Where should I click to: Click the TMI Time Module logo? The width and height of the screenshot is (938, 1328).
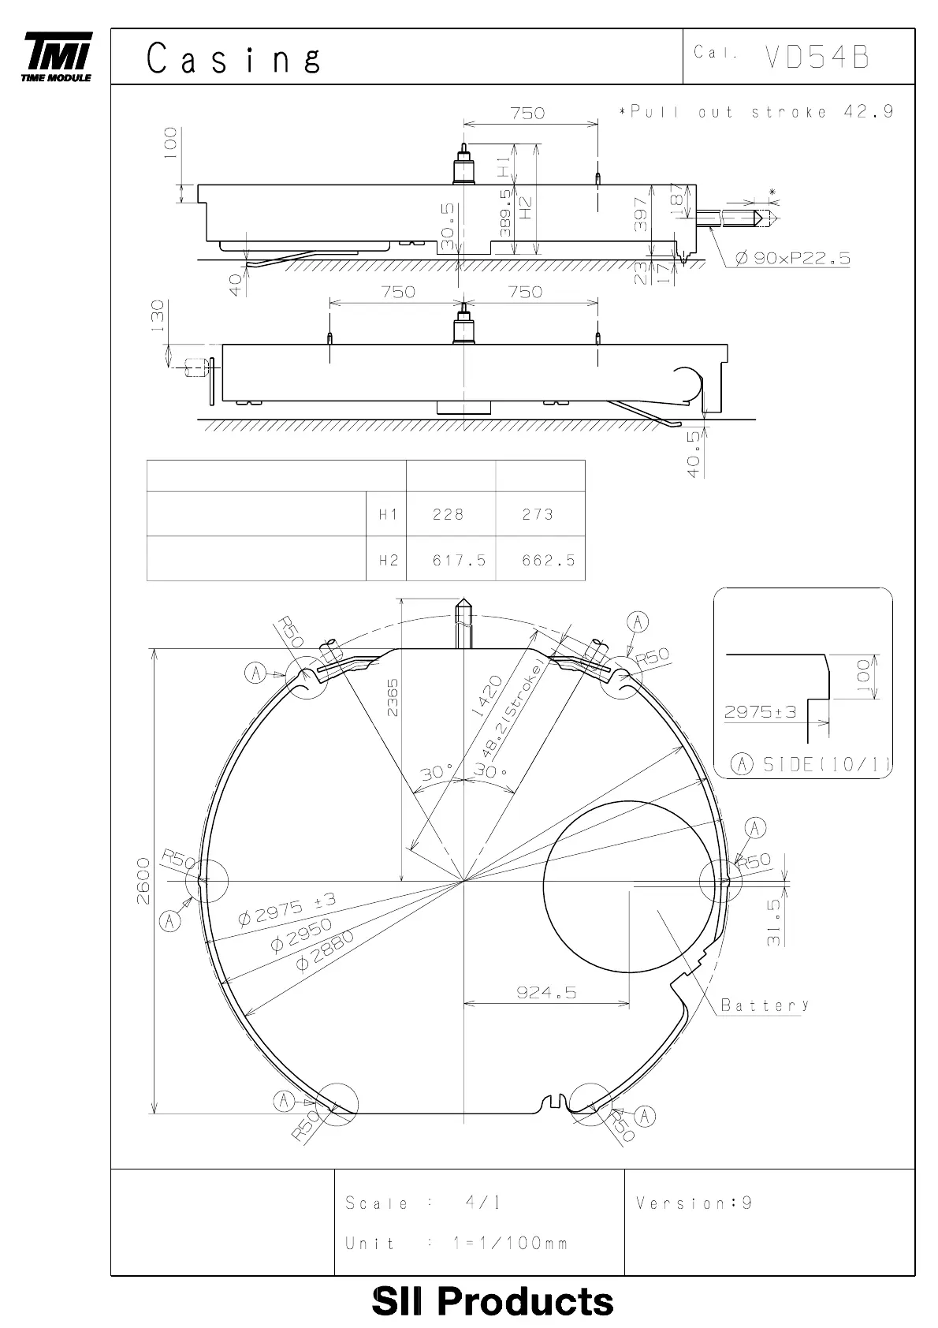pos(57,56)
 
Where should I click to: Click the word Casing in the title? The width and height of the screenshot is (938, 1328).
pos(234,58)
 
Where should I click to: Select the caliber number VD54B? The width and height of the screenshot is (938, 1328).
pos(817,57)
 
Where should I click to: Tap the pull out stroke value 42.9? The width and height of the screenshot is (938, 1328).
pos(868,111)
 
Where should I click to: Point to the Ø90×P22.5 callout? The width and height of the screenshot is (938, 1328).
pos(793,258)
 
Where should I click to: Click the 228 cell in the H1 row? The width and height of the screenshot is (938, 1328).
pos(448,514)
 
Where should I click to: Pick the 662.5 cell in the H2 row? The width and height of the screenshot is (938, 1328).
pos(548,560)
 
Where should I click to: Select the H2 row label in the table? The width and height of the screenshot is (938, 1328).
pos(389,560)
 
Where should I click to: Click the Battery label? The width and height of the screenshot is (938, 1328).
pos(765,1005)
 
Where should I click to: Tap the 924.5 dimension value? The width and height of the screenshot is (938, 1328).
pos(546,992)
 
